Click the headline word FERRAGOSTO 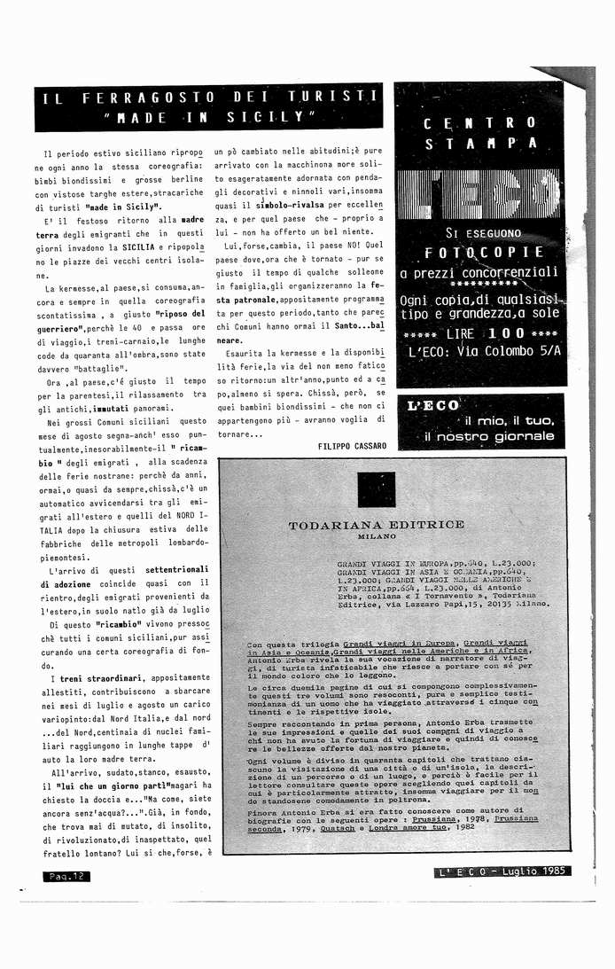coord(149,97)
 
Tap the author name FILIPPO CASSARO coord(352,446)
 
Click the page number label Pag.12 coord(66,876)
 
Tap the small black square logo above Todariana coord(377,489)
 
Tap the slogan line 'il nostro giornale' coord(489,437)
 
